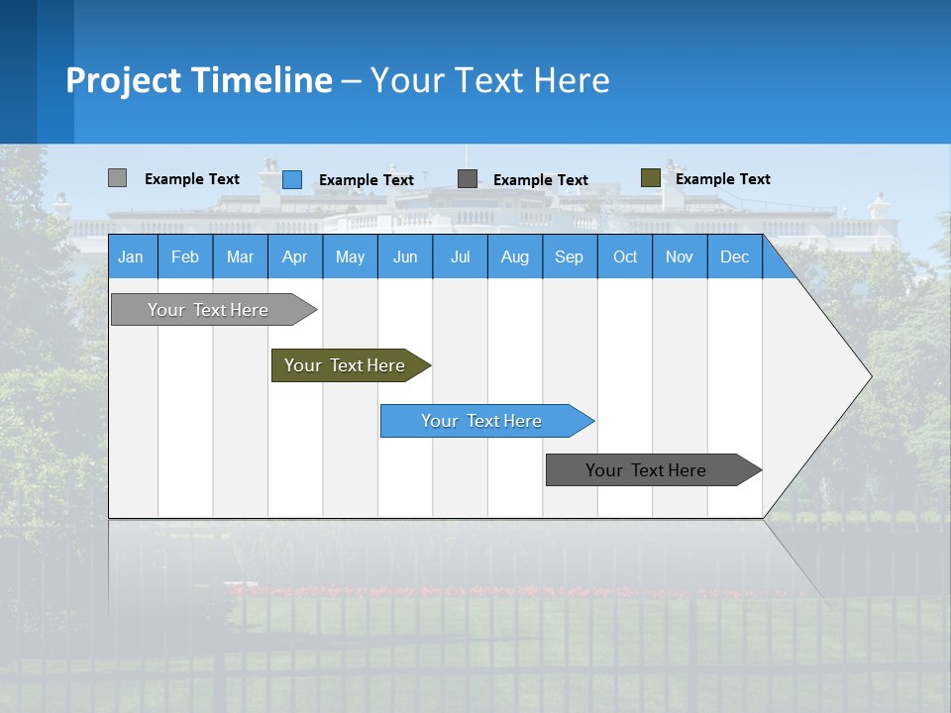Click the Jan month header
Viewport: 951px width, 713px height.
(x=131, y=256)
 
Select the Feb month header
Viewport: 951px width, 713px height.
(x=185, y=256)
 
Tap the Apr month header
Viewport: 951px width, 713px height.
(x=294, y=256)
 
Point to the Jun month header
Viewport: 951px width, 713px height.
(x=405, y=256)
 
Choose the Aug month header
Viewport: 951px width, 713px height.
(x=514, y=256)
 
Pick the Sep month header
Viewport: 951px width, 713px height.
(x=569, y=256)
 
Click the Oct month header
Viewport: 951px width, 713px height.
(x=625, y=256)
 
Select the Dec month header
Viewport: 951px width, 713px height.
(x=734, y=256)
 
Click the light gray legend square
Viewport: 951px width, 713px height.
(x=117, y=178)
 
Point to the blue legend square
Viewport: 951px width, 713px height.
(x=292, y=179)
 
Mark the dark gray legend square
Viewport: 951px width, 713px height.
(x=468, y=179)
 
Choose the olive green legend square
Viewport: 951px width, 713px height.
(x=650, y=178)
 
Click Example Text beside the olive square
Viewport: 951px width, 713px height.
(x=722, y=179)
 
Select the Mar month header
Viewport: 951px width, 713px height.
(x=240, y=256)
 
